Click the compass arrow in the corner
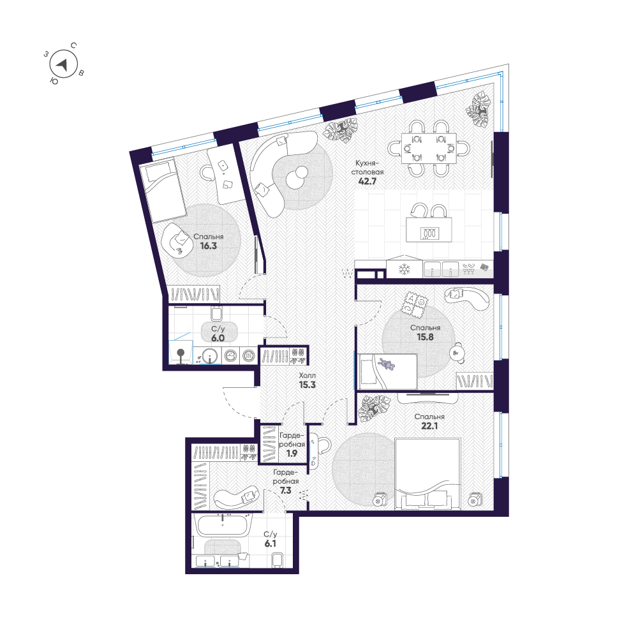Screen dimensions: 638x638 63,64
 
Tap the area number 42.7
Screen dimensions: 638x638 367,181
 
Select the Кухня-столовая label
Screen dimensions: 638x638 367,167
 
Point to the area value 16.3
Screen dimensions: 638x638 209,246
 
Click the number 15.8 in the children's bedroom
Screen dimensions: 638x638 425,337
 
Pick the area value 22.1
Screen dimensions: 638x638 429,426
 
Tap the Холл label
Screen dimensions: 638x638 308,376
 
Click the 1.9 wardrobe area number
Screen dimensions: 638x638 292,453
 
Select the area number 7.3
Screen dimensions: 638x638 286,491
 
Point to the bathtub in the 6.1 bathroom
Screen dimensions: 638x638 222,525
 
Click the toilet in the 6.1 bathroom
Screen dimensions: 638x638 278,560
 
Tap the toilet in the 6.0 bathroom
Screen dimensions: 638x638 216,313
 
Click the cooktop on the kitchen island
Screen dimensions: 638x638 429,234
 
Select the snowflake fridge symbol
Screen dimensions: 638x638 404,269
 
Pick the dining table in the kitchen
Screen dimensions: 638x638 429,149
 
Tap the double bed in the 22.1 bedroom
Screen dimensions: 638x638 427,473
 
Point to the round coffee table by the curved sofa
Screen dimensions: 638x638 297,177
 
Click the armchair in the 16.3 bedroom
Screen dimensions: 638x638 177,240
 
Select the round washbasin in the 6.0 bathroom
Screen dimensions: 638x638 209,356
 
